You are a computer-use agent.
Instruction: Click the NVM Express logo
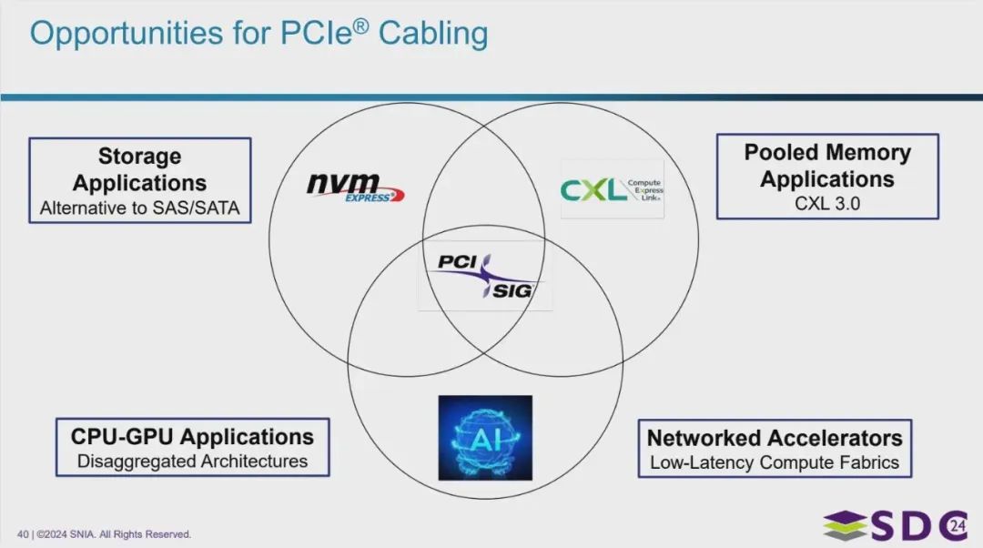pyautogui.click(x=354, y=188)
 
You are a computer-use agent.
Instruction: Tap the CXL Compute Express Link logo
pyautogui.click(x=612, y=189)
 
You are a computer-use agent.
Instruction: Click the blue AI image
pyautogui.click(x=485, y=437)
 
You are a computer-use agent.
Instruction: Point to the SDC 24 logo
pyautogui.click(x=896, y=526)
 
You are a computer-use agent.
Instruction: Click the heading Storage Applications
pyautogui.click(x=139, y=169)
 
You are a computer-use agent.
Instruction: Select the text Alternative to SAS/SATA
pyautogui.click(x=139, y=208)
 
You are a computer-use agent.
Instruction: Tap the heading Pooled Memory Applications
pyautogui.click(x=827, y=165)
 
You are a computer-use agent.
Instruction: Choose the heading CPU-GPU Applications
pyautogui.click(x=192, y=436)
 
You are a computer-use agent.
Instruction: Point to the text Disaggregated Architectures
pyautogui.click(x=192, y=462)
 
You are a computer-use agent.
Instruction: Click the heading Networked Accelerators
pyautogui.click(x=775, y=437)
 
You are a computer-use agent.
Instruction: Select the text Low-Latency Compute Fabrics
pyautogui.click(x=775, y=462)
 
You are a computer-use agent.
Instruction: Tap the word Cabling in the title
pyautogui.click(x=433, y=34)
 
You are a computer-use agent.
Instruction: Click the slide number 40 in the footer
pyautogui.click(x=23, y=534)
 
